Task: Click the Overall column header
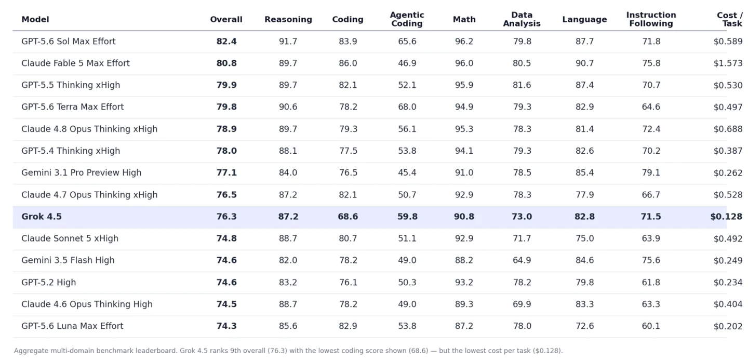[x=226, y=19]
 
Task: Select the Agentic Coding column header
[x=407, y=19]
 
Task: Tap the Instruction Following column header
[x=651, y=19]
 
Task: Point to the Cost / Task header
[x=730, y=19]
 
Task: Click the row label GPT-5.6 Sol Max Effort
[x=69, y=42]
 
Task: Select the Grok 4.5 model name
[x=42, y=217]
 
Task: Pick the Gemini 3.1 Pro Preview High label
[x=82, y=172]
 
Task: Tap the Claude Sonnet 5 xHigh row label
[x=70, y=238]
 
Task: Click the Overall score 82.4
[x=226, y=42]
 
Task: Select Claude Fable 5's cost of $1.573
[x=728, y=63]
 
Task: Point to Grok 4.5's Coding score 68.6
[x=348, y=217]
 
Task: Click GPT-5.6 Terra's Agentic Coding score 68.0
[x=407, y=107]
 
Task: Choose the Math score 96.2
[x=464, y=42]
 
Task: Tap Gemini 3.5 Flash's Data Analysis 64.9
[x=522, y=260]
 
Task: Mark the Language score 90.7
[x=584, y=63]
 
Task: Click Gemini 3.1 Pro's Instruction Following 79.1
[x=651, y=172]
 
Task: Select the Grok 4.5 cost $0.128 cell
[x=726, y=217]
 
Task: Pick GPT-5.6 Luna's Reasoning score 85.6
[x=288, y=326]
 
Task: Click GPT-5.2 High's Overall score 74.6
[x=226, y=282]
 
